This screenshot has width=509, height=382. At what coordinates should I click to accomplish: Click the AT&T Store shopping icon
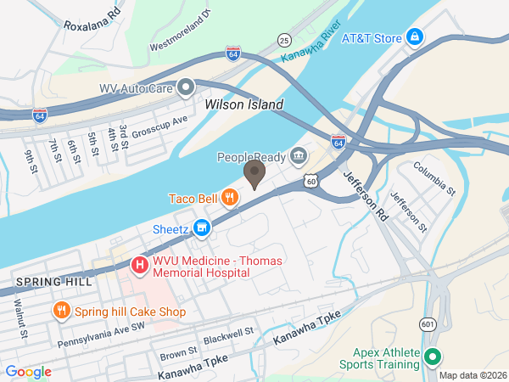tap(415, 37)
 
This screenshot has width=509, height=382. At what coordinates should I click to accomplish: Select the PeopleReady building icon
tap(298, 156)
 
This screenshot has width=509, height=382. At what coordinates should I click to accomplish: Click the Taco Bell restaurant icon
tap(229, 199)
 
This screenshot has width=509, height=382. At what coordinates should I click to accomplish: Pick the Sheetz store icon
tap(201, 228)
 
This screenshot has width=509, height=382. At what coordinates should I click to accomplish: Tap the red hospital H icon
tap(138, 267)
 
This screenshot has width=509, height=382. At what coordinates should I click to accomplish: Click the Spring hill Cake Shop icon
tap(61, 312)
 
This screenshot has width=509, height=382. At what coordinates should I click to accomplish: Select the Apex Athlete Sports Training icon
tap(433, 357)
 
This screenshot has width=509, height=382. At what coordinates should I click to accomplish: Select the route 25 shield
tap(285, 40)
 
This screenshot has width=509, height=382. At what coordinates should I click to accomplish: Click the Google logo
tap(28, 371)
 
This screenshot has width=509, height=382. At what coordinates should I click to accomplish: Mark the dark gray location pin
tap(255, 174)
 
